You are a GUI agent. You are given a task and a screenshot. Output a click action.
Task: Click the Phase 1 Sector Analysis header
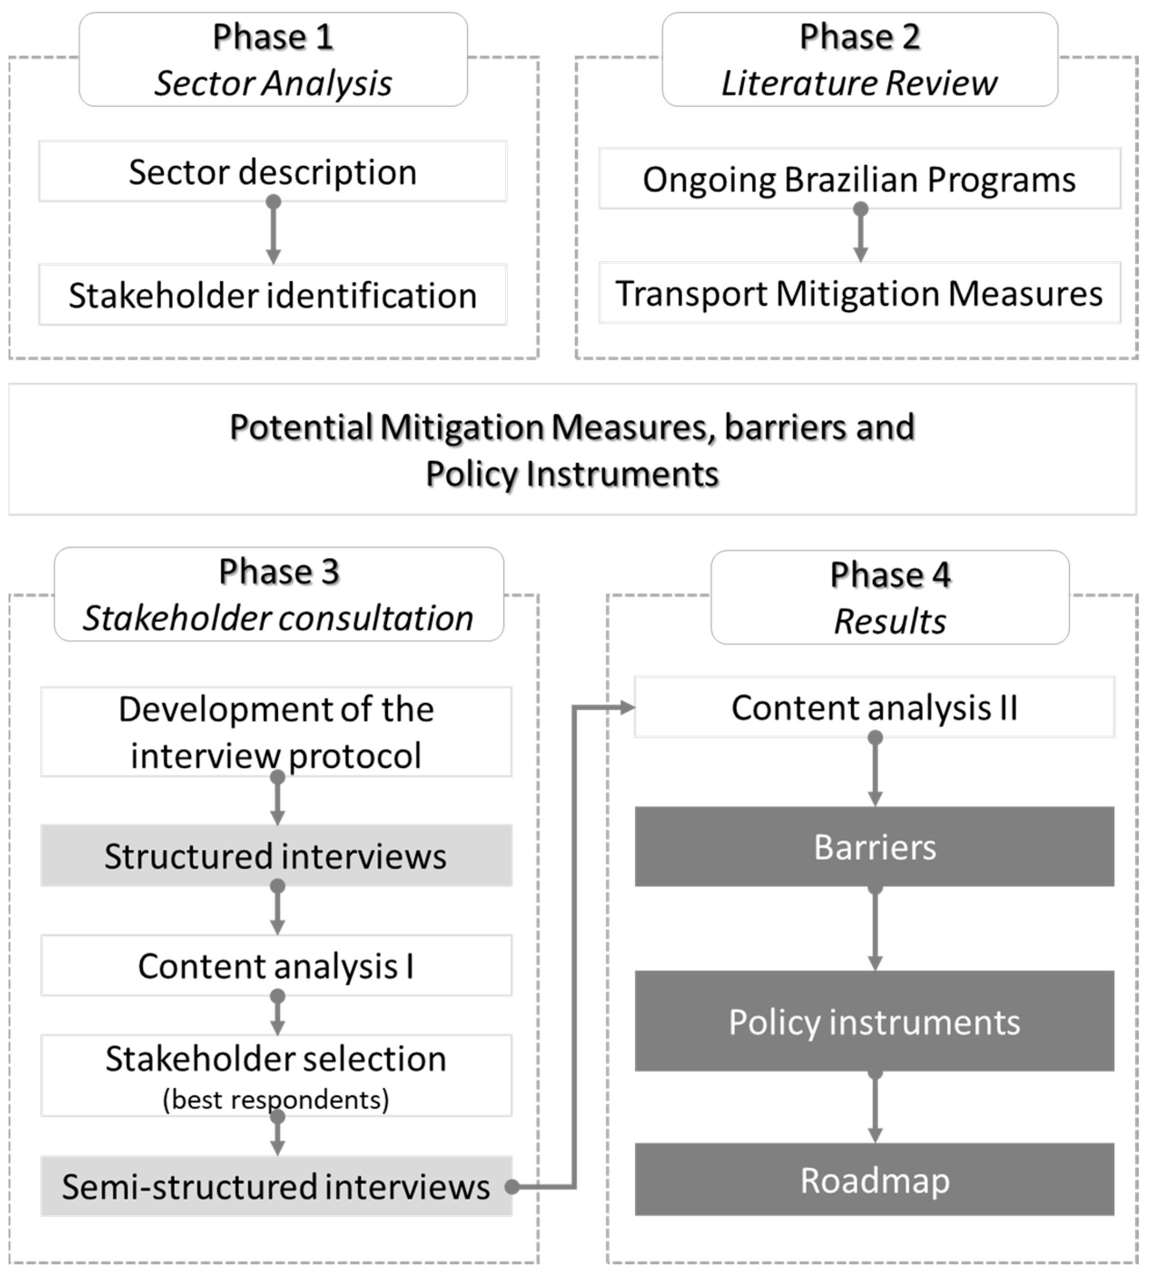point(273,59)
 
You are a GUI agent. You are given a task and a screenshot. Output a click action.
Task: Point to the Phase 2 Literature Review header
point(860,59)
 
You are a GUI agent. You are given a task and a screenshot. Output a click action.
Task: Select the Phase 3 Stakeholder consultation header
point(279,595)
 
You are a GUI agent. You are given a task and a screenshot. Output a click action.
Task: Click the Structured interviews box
point(276,856)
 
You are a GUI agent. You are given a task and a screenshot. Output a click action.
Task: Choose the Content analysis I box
point(276,966)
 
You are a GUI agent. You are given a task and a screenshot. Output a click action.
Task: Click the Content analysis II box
point(874,707)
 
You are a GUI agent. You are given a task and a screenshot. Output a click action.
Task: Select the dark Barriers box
point(874,847)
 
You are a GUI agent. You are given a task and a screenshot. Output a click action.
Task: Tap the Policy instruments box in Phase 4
point(874,1021)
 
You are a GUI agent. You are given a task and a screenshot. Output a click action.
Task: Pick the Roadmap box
point(874,1180)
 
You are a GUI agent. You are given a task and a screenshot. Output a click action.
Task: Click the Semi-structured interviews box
point(276,1186)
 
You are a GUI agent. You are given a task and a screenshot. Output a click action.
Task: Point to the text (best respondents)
point(276,1100)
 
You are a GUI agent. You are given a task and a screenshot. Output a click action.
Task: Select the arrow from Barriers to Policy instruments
point(875,928)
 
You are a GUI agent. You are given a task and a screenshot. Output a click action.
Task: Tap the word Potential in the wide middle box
point(301,427)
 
